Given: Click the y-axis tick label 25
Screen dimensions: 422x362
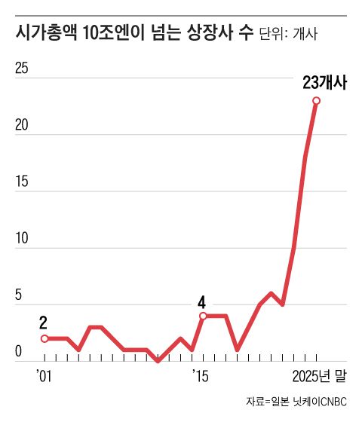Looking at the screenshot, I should coord(22,68).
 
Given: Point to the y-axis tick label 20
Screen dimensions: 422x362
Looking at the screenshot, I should coord(22,124).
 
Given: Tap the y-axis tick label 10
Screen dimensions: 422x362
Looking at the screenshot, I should coord(22,238).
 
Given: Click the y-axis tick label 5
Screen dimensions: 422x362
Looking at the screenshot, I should coord(19,295).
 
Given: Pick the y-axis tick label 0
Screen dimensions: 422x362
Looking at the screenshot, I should coord(19,351).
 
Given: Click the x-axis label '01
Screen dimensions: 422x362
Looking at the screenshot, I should coord(44,375).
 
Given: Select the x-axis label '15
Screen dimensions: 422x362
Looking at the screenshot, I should coord(201,375).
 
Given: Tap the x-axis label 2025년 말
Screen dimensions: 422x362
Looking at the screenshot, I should coord(320,375).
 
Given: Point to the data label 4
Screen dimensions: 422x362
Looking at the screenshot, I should coord(201,302).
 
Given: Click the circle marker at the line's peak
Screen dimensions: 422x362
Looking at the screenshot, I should coord(317,100).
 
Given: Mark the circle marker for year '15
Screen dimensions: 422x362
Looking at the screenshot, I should coord(203,316).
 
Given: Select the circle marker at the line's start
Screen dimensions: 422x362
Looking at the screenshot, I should coord(44,339).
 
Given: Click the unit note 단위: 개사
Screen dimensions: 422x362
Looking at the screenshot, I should coord(289,35).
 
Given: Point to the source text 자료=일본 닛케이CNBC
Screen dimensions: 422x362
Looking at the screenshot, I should coord(297,402).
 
